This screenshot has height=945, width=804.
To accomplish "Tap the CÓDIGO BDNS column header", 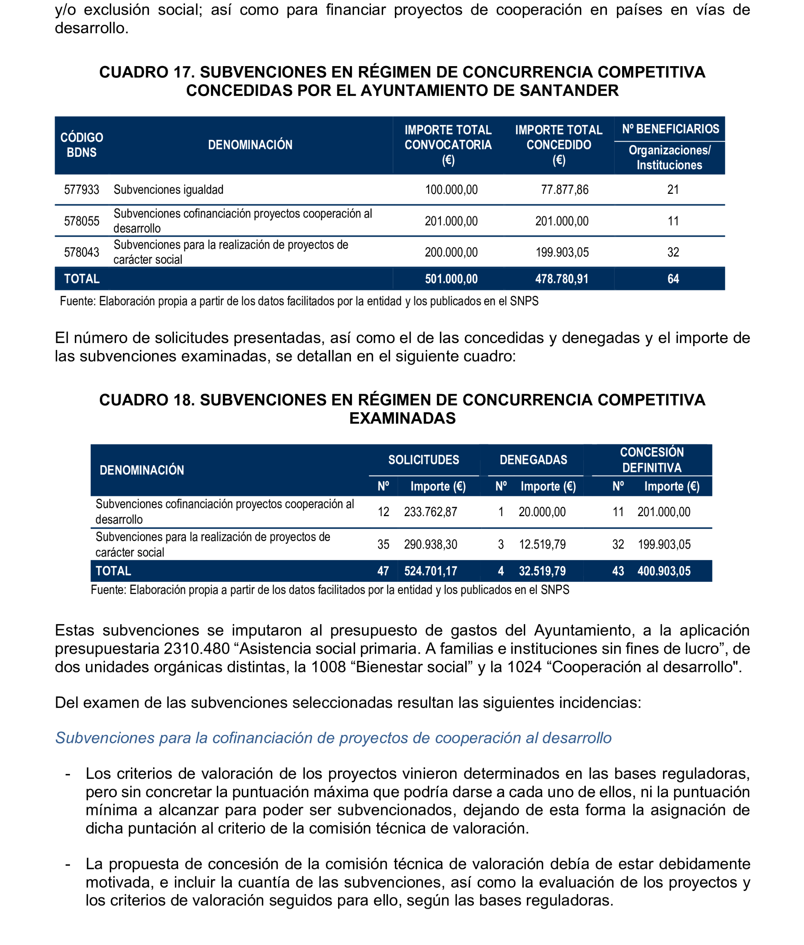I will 82,145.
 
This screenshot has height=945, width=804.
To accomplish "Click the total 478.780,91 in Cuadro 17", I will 562,279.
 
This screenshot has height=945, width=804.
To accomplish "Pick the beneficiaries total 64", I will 673,279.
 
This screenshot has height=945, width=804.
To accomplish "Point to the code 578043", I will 82,252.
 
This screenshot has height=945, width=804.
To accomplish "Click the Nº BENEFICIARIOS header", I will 670,129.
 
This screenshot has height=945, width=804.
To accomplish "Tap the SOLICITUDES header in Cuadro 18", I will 424,459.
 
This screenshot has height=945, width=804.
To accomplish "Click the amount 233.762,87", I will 430,512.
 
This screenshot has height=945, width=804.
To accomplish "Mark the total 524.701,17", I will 430,571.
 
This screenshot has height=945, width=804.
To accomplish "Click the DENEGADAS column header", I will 533,459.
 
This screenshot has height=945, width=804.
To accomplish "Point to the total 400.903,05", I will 664,571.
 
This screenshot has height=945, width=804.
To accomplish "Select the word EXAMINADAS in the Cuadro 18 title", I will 402,418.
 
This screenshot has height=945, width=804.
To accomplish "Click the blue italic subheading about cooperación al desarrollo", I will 333,738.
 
